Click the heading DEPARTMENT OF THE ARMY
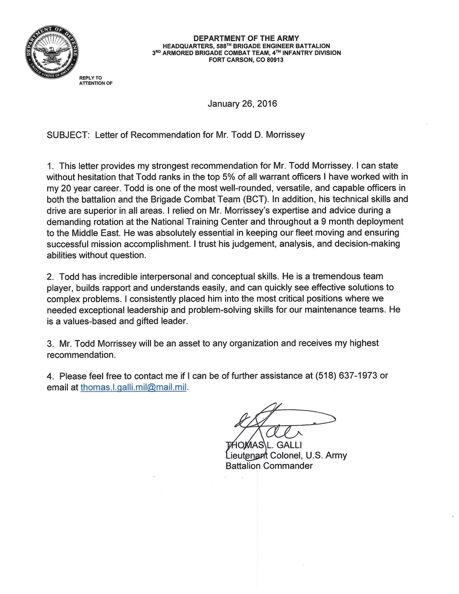click(x=246, y=38)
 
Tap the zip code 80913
click(x=275, y=60)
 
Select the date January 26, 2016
click(x=242, y=104)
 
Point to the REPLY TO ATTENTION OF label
click(x=95, y=81)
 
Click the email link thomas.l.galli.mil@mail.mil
click(x=134, y=387)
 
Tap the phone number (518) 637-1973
click(x=346, y=376)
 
